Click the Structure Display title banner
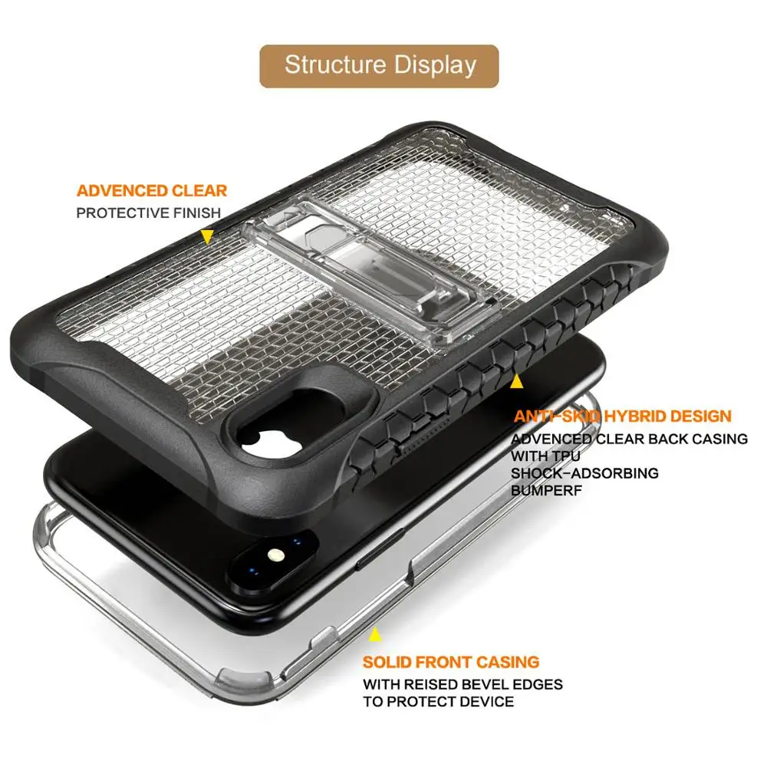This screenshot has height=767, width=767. (379, 67)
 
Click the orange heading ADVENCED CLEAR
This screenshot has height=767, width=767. (152, 190)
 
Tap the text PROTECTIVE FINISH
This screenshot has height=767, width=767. (149, 213)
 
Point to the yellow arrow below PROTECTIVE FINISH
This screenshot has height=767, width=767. (207, 237)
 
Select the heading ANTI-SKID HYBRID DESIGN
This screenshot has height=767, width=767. (622, 416)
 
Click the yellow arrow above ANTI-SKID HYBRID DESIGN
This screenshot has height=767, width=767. (516, 381)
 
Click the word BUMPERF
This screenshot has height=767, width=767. (546, 490)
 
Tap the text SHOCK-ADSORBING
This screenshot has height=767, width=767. (584, 473)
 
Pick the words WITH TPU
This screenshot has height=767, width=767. (545, 456)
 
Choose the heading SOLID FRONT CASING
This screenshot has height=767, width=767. (451, 662)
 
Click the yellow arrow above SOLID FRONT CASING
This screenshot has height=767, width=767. (375, 634)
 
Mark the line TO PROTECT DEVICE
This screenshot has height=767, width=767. (438, 702)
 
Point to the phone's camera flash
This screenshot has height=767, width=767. (276, 555)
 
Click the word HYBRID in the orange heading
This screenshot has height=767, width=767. (635, 416)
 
